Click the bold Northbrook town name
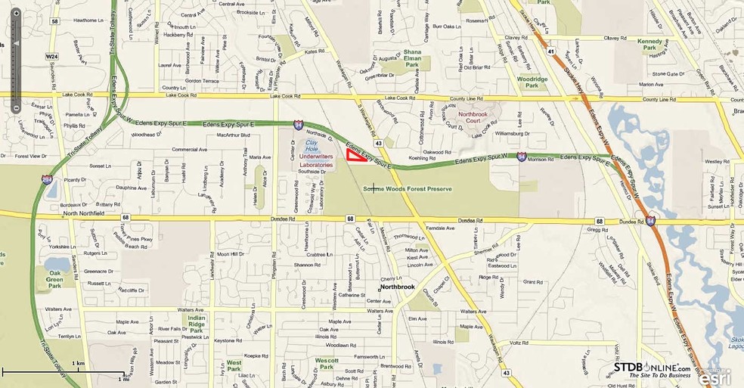coord(398,287)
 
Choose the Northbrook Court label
coord(474,119)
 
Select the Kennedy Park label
coord(649,45)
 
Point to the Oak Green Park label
coord(54,278)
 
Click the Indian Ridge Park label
coord(196,323)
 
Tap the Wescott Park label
coord(326,364)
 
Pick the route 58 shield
coord(54,21)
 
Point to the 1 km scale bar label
coord(78,364)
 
